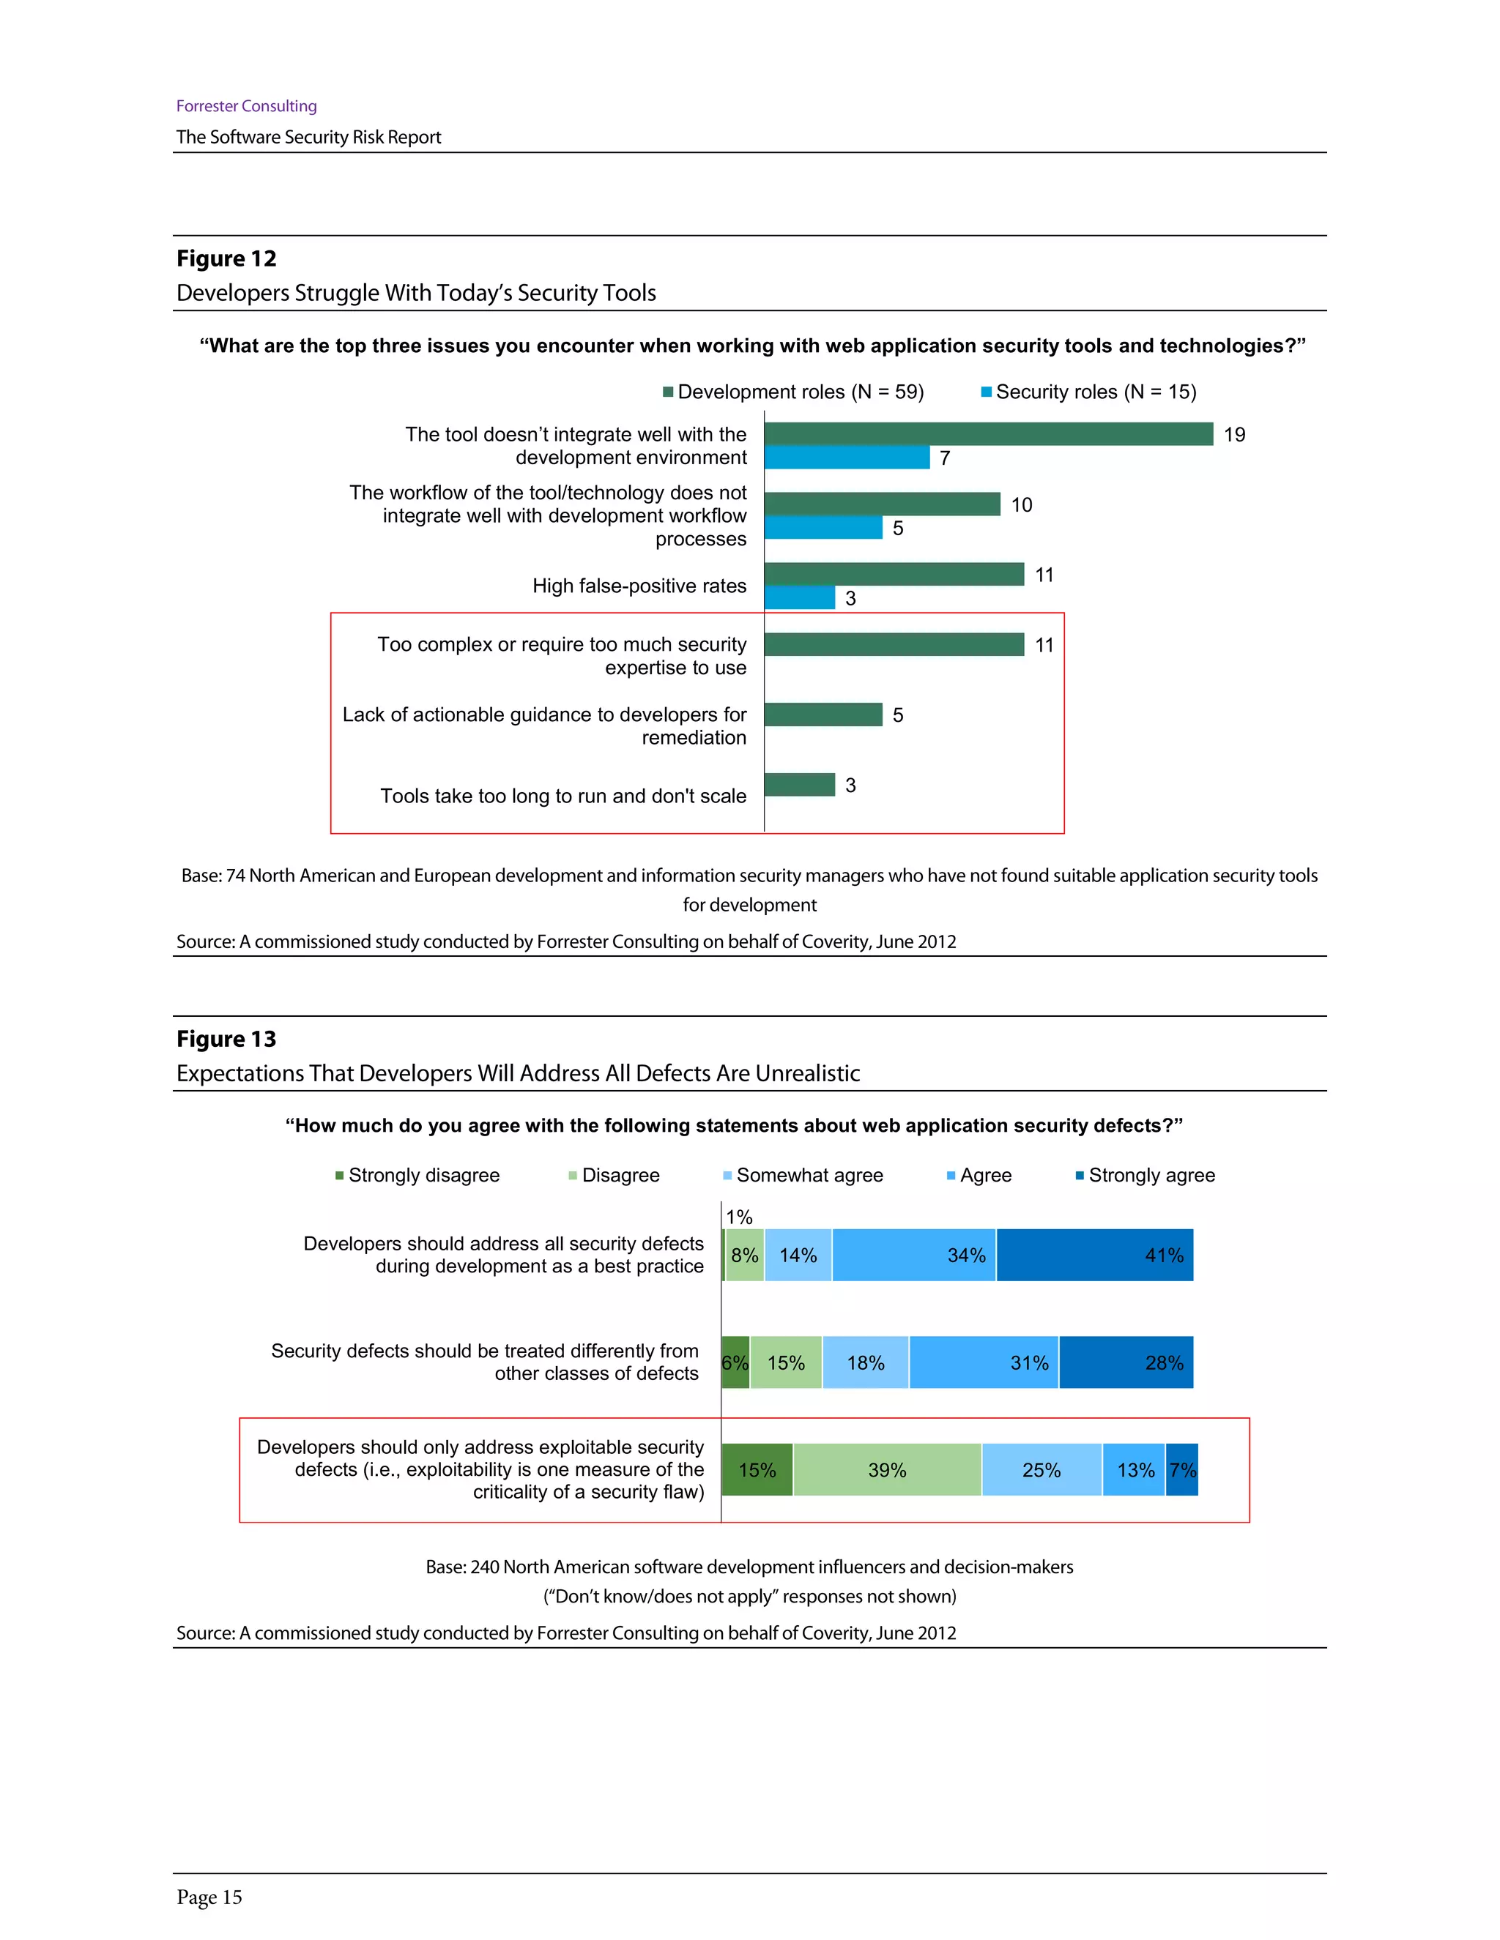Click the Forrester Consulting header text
(x=246, y=105)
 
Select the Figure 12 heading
(x=226, y=258)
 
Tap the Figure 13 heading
(x=226, y=1040)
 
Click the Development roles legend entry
(x=793, y=392)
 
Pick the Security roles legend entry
(x=1088, y=392)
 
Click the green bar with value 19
(x=988, y=433)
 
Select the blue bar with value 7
(x=847, y=458)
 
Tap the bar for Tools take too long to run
(x=800, y=784)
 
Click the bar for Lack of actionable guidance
(x=823, y=715)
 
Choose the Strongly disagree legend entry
(x=417, y=1175)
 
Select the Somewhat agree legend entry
(x=803, y=1175)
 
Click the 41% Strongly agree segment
(x=1095, y=1255)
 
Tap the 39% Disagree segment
(x=887, y=1470)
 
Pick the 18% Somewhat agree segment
(x=866, y=1362)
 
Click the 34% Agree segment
(x=913, y=1255)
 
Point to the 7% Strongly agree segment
(x=1182, y=1470)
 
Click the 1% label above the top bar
(x=739, y=1217)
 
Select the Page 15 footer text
(x=209, y=1898)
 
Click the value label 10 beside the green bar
(x=1022, y=504)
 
